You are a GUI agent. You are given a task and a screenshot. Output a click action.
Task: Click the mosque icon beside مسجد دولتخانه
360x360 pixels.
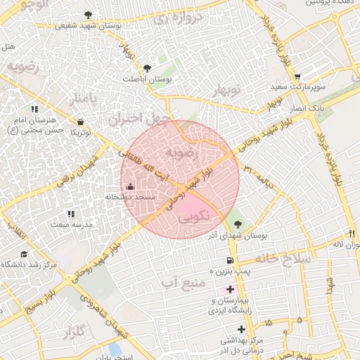(x=129, y=186)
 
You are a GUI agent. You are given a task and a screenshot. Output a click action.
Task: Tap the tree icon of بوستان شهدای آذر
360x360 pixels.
(x=240, y=224)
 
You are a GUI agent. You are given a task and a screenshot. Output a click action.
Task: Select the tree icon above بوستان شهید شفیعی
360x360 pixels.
(x=87, y=15)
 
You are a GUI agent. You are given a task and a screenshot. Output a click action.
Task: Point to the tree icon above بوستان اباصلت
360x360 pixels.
(x=147, y=68)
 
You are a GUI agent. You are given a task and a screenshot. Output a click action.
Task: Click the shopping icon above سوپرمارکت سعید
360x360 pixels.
(x=298, y=77)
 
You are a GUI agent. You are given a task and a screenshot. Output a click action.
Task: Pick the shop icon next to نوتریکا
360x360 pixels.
(x=82, y=122)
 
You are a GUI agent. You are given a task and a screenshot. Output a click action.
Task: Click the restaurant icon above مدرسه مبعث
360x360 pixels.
(x=70, y=213)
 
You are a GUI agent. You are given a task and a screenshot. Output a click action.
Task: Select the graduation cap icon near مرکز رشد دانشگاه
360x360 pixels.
(x=24, y=255)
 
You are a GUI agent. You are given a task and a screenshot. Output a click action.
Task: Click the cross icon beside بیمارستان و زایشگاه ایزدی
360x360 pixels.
(x=230, y=289)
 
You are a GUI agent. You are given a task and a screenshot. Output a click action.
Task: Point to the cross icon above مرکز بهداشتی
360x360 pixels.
(x=241, y=328)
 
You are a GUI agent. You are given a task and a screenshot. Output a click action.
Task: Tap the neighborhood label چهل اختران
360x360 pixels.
(x=135, y=117)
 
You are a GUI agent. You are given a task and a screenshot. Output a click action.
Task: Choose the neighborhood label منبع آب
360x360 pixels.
(x=181, y=283)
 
